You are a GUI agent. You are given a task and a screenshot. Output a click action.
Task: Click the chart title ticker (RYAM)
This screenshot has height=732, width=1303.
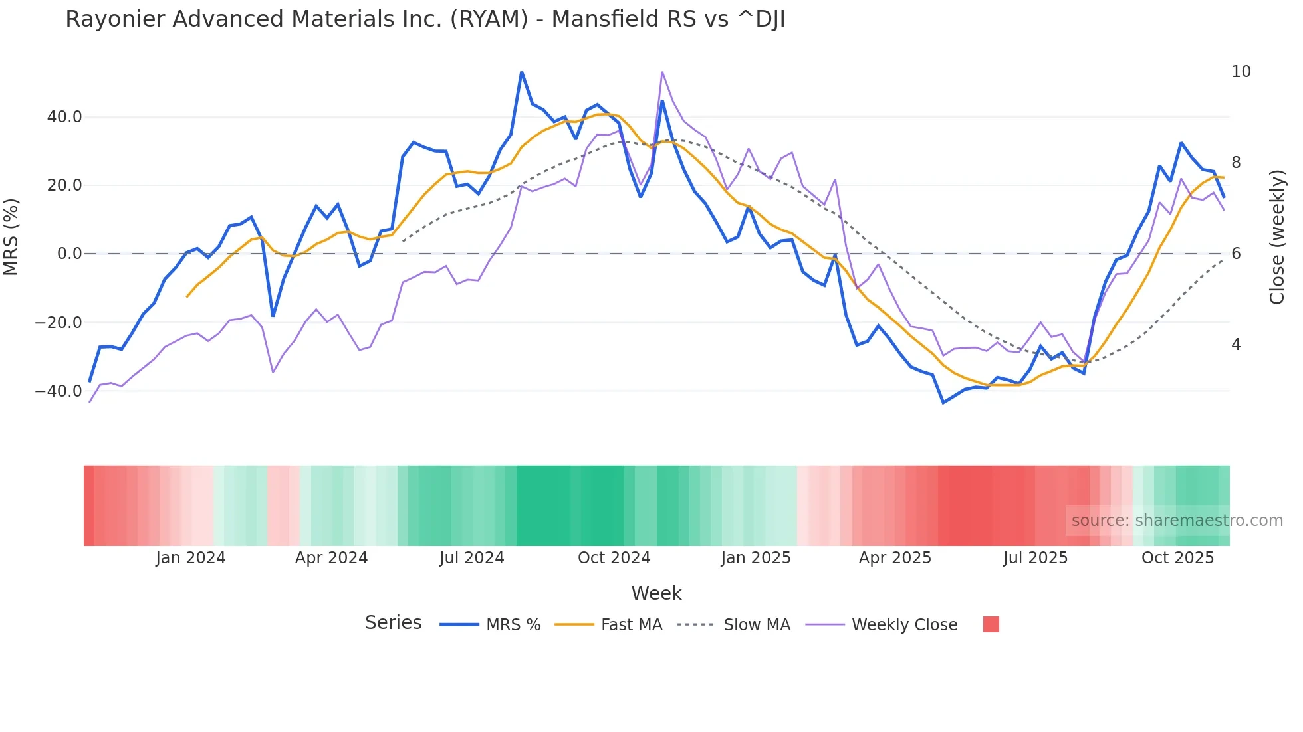(489, 19)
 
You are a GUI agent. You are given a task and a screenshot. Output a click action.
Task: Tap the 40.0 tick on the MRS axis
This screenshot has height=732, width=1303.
(64, 117)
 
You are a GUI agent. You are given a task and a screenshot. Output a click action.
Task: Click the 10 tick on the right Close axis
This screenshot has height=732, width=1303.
(1241, 72)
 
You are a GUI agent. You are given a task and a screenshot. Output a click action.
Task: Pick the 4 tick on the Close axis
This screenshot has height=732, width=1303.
(1236, 345)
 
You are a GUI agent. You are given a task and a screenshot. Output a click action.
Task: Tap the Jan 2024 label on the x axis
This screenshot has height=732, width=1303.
(191, 558)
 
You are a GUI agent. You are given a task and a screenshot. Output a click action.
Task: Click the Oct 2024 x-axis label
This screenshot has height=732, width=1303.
(614, 558)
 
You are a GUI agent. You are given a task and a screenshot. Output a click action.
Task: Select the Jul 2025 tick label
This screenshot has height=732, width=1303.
(1035, 558)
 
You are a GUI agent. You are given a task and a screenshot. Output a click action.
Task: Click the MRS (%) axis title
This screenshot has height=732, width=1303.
(11, 237)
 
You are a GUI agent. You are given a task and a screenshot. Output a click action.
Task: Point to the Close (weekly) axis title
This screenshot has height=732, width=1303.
(1277, 237)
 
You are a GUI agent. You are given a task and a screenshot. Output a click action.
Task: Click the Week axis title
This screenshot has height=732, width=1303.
(656, 593)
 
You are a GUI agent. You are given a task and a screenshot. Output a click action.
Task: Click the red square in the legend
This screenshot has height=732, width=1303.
(991, 624)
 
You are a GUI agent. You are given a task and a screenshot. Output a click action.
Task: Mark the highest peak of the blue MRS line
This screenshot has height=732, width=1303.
(522, 72)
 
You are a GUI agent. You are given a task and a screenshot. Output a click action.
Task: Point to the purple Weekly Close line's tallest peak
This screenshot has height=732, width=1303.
(662, 72)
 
